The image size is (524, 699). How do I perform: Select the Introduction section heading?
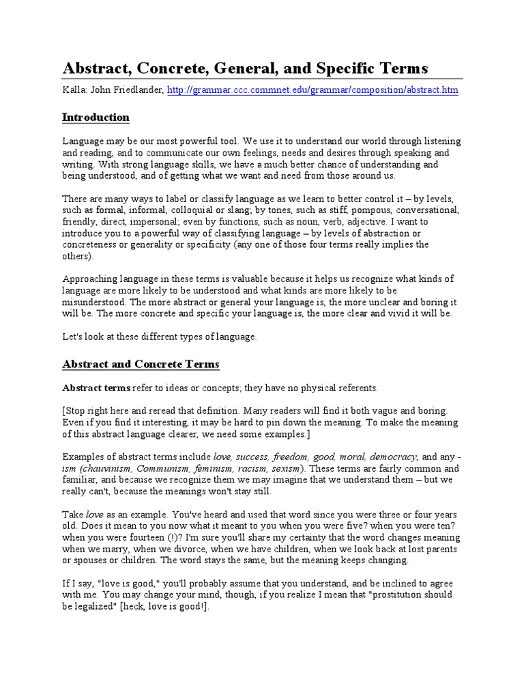(96, 117)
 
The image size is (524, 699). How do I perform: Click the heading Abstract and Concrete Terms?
(141, 364)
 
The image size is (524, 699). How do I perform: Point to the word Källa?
(74, 90)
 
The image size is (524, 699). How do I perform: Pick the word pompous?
(349, 210)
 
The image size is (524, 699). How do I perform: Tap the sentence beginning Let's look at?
(159, 337)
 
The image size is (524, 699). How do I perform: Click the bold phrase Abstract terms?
(96, 388)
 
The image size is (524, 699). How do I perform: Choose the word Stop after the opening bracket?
(78, 411)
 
